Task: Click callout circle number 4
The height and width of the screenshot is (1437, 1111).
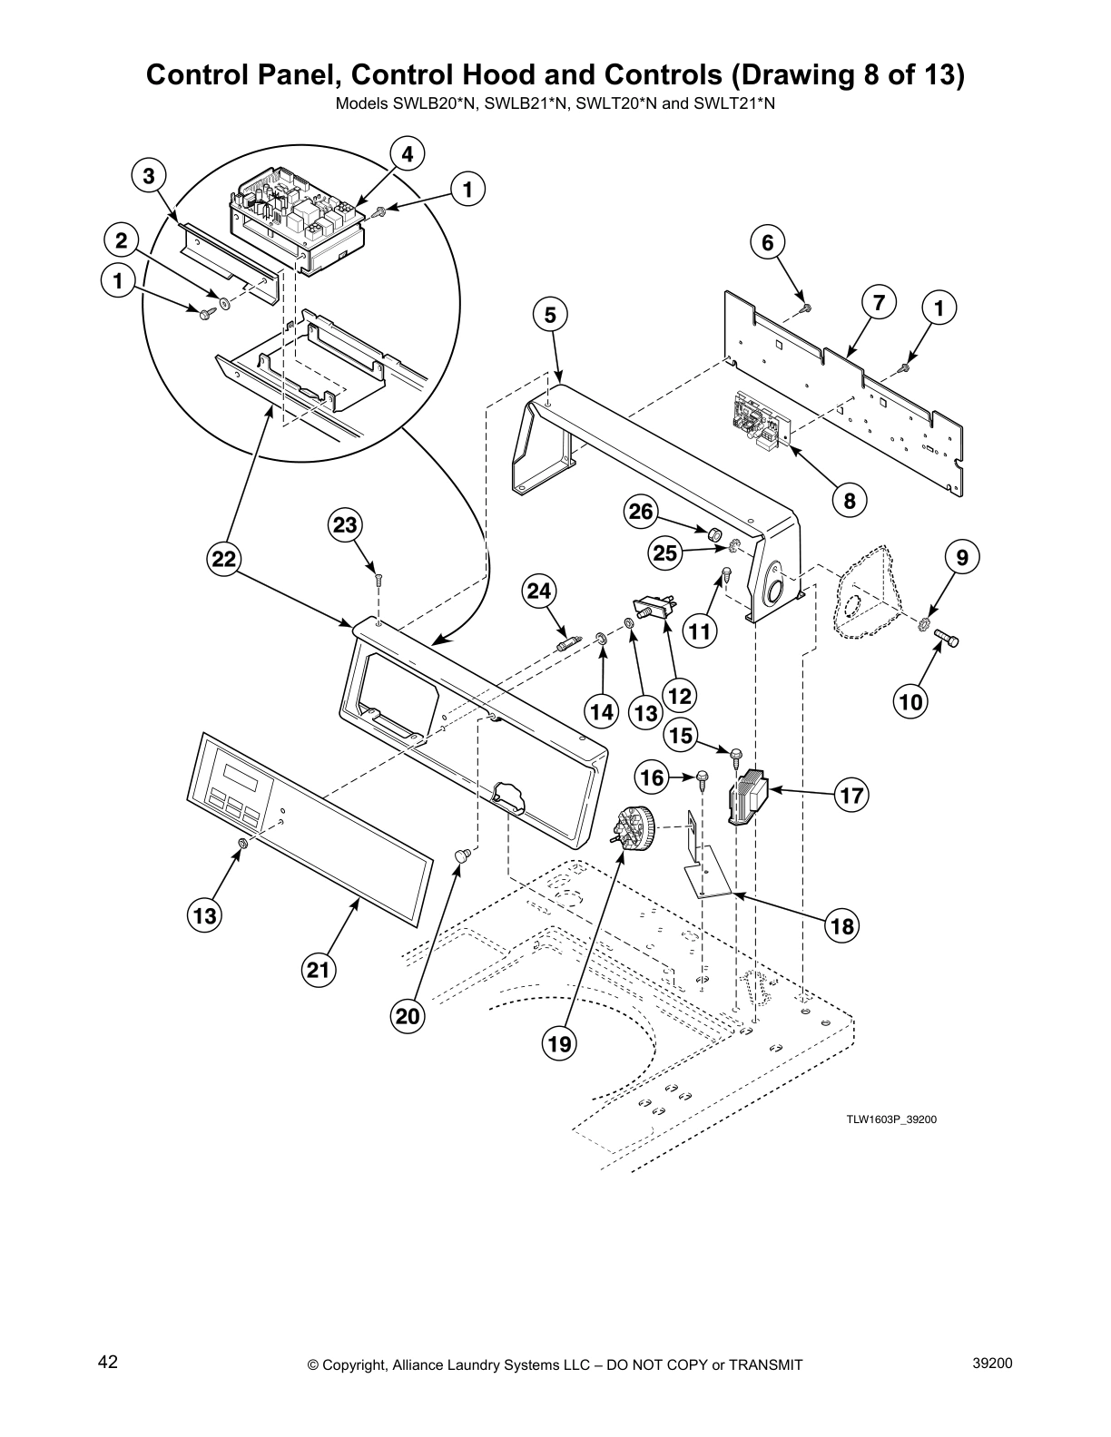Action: pos(408,154)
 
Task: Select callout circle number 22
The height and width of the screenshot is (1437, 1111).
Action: pos(223,560)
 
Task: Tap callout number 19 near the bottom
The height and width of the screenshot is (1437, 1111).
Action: pos(559,1044)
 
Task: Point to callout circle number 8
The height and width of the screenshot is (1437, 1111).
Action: pos(850,500)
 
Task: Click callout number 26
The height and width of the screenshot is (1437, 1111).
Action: pos(641,512)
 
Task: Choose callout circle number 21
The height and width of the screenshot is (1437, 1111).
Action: pos(317,971)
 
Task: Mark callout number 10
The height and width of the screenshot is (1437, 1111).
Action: pos(910,700)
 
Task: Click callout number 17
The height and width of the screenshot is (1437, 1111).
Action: pos(850,797)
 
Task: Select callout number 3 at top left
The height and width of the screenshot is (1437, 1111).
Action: pos(149,175)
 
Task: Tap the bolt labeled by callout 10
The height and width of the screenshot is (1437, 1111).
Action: pos(947,640)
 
